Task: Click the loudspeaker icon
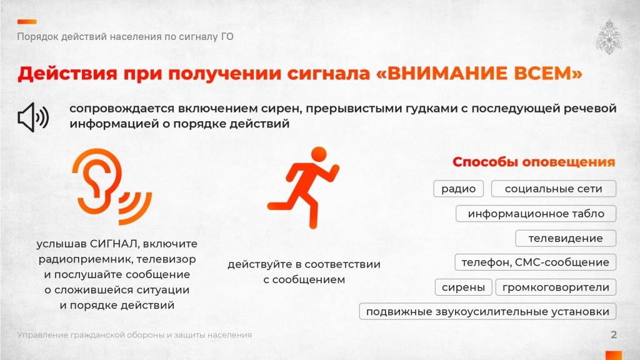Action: click(33, 117)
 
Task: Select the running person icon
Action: click(302, 187)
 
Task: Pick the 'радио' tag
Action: click(458, 189)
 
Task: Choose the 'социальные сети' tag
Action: click(553, 189)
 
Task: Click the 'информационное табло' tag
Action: click(536, 214)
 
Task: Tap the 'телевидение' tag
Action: click(566, 238)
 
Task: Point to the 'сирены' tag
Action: click(463, 287)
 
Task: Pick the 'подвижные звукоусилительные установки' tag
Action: click(487, 312)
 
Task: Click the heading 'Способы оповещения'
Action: click(534, 162)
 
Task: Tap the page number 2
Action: click(614, 335)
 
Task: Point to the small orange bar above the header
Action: click(26, 21)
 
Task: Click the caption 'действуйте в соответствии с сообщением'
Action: click(304, 272)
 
